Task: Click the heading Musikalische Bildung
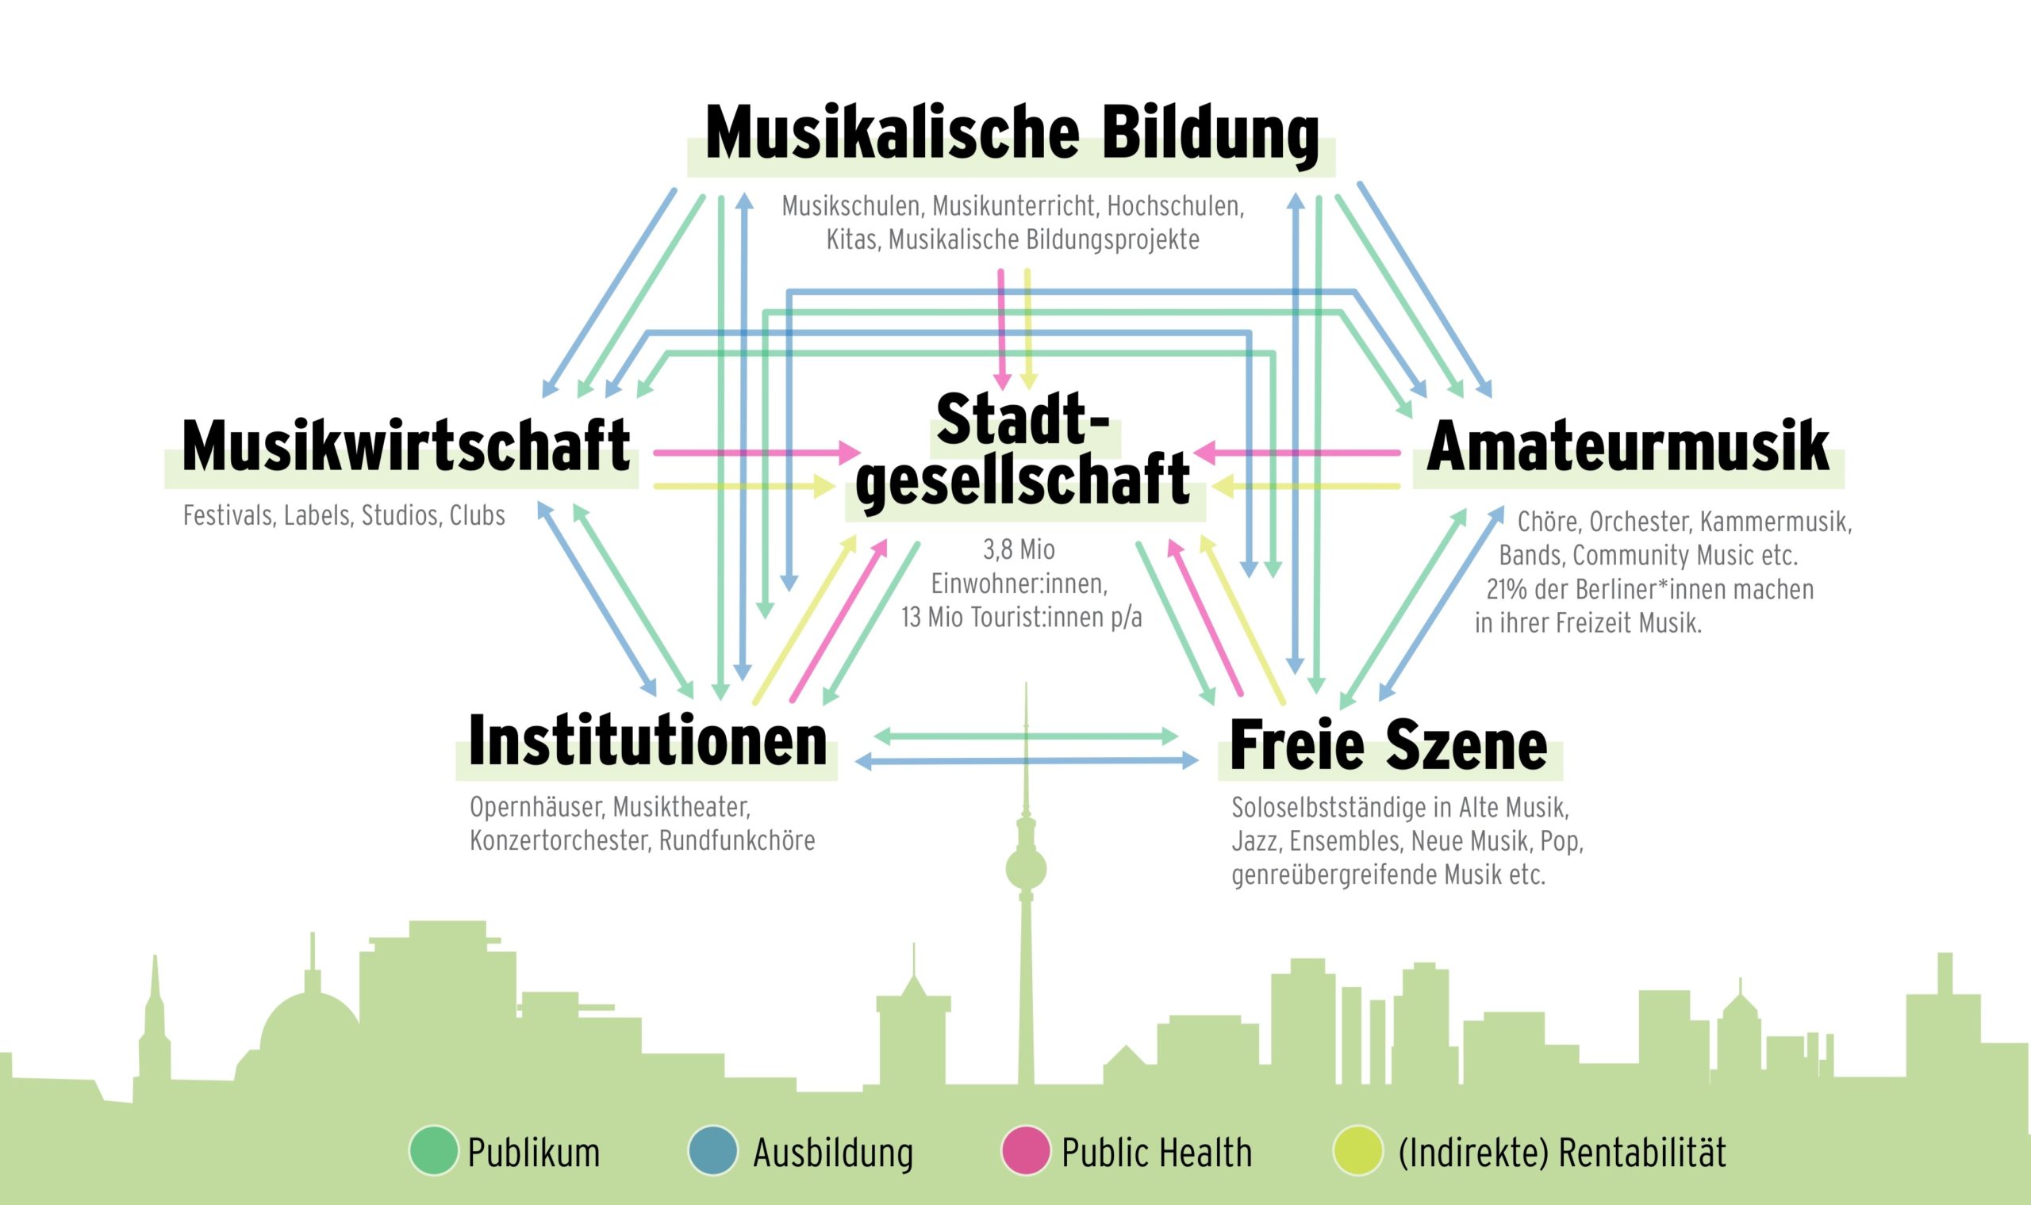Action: (x=1012, y=134)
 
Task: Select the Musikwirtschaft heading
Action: (x=406, y=446)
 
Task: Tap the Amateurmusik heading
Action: (x=1628, y=446)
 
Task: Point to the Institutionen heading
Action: (x=647, y=740)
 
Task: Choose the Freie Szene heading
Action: (x=1389, y=744)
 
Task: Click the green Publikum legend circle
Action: (x=434, y=1150)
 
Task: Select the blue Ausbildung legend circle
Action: (x=712, y=1150)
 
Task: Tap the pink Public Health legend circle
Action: (x=1026, y=1150)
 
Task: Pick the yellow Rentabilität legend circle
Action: (x=1357, y=1150)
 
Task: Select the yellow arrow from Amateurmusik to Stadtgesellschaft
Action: (x=1306, y=487)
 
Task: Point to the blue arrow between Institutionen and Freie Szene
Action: (x=1027, y=761)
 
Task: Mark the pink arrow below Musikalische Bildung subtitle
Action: (x=1003, y=330)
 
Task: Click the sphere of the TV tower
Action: (x=1026, y=869)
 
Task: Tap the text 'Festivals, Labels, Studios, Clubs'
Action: (x=344, y=515)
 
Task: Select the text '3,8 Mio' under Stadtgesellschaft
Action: (x=1019, y=550)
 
